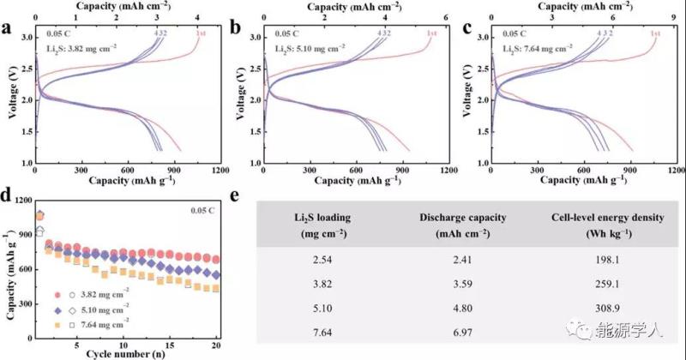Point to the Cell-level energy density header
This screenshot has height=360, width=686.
tap(611, 225)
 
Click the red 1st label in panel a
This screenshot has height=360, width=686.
tap(201, 33)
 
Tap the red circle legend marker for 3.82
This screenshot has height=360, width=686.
tap(58, 293)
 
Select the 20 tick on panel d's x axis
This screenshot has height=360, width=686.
tap(216, 344)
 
